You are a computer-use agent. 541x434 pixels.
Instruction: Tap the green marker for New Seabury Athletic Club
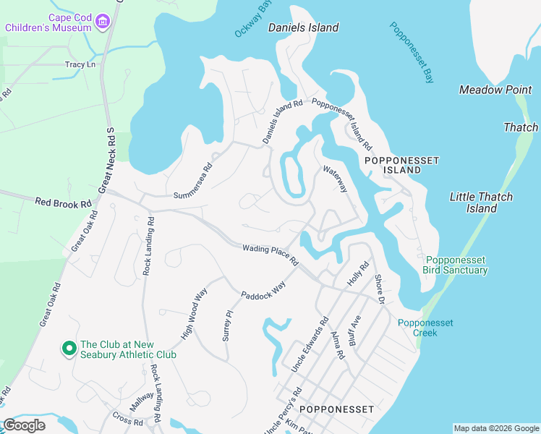(x=69, y=349)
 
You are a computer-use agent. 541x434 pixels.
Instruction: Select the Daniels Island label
(x=303, y=27)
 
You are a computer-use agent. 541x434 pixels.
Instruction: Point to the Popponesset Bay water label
(x=412, y=52)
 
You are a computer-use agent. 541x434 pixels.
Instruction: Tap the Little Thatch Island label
(x=481, y=203)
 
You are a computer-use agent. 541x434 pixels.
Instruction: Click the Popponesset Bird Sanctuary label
(x=456, y=265)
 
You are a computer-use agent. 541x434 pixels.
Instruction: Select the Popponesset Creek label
(x=425, y=328)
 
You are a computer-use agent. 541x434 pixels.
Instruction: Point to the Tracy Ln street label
(x=80, y=64)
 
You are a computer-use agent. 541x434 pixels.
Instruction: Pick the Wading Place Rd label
(x=270, y=255)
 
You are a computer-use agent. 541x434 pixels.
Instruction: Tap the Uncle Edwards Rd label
(x=310, y=344)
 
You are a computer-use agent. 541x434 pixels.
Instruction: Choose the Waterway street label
(x=336, y=179)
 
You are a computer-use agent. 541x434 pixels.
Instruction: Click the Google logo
(x=25, y=425)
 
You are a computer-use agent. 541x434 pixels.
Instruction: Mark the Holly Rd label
(x=358, y=273)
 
